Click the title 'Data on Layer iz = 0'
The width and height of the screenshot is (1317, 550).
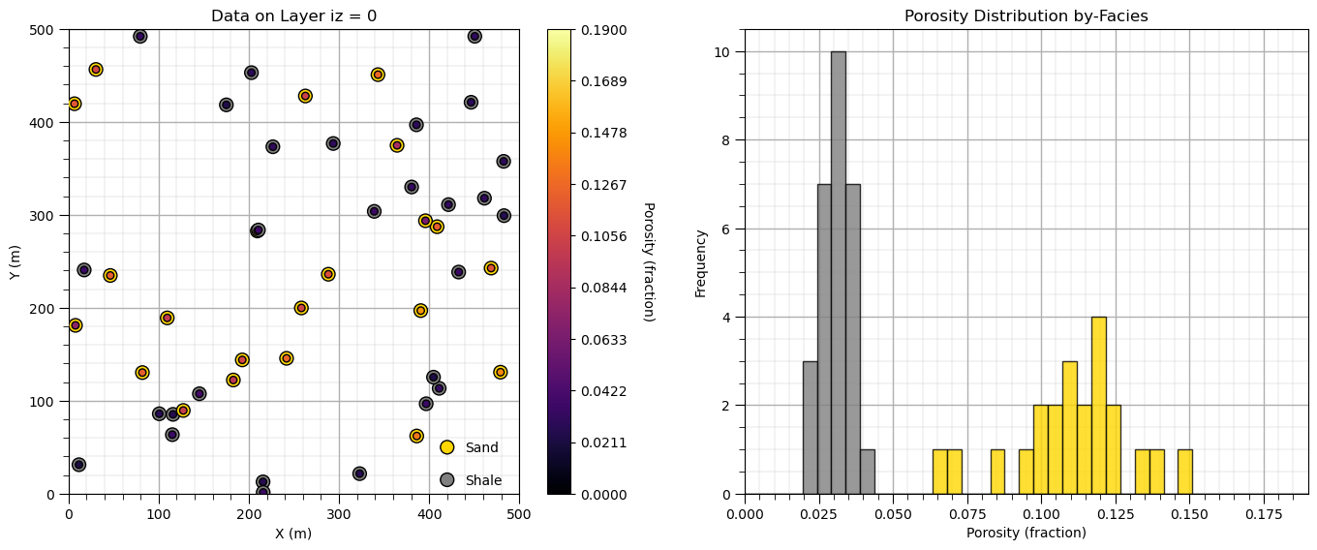coord(293,16)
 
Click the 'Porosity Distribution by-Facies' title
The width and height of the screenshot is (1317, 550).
coord(1026,16)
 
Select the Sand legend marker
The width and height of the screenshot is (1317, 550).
coord(446,447)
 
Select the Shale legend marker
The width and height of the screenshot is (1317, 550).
coord(446,480)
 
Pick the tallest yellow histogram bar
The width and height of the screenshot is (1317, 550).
coord(1098,406)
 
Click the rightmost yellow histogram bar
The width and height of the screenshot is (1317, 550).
coord(1184,472)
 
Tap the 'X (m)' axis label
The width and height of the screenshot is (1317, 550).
coord(293,534)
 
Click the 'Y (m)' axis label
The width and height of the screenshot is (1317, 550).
coord(15,262)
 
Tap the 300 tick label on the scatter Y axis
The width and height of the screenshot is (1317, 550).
coord(46,216)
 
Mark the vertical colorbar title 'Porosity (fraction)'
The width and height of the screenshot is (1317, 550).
coord(648,262)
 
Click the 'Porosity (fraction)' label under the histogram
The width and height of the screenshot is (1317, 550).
coord(1026,533)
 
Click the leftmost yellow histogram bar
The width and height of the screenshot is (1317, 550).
coord(939,472)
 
